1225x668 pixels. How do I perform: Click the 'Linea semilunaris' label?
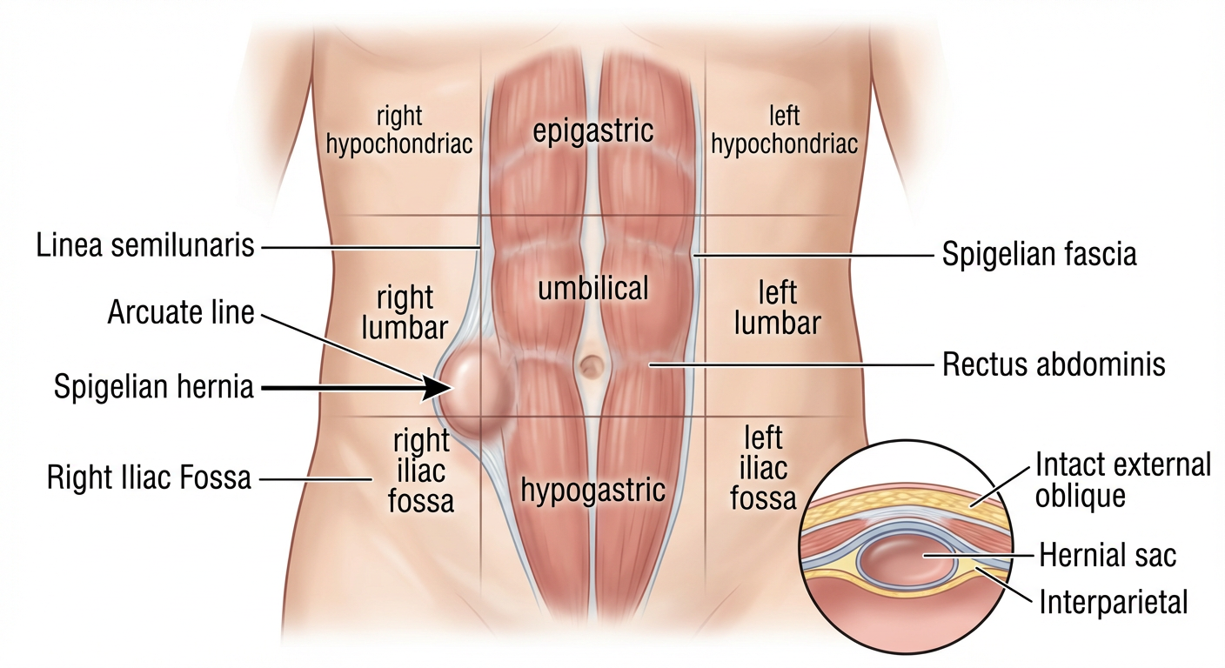[145, 245]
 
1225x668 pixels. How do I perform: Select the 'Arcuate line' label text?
[181, 312]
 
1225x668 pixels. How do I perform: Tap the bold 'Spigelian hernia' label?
[154, 387]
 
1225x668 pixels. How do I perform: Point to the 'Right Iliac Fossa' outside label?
[149, 477]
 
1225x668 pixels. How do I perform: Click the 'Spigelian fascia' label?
[1040, 255]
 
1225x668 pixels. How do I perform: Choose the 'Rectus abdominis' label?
[1054, 364]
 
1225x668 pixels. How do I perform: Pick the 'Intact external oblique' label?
[1122, 480]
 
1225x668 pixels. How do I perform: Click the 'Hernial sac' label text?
[1108, 554]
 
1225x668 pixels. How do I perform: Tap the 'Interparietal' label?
[1113, 601]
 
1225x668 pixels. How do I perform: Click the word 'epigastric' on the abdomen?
[592, 131]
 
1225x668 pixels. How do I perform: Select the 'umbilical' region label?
[592, 289]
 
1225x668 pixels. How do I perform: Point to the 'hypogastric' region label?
[592, 490]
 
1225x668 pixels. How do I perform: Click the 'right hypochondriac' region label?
[399, 130]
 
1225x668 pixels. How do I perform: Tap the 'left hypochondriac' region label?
[784, 130]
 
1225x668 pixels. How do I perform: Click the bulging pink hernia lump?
[475, 389]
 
